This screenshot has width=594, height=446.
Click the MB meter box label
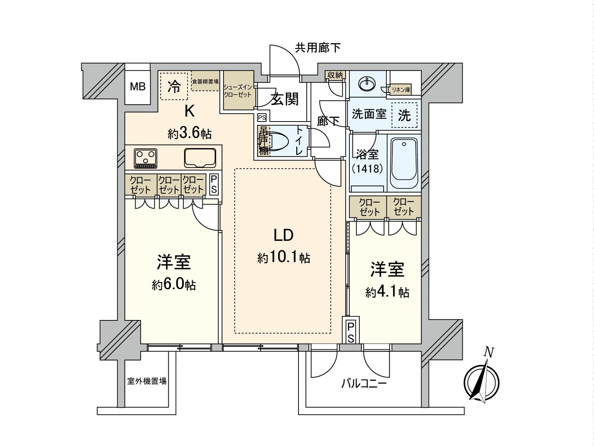[138, 87]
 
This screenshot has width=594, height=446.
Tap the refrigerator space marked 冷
[174, 86]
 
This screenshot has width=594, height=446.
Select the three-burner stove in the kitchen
[146, 158]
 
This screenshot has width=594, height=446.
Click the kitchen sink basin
[200, 158]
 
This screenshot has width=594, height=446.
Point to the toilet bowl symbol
[279, 141]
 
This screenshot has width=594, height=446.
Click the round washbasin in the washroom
[367, 84]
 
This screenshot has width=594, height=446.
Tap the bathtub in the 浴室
[404, 163]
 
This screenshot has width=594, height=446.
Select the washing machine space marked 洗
[405, 115]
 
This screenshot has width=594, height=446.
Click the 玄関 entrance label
[285, 99]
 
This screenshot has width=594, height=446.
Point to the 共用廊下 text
[318, 48]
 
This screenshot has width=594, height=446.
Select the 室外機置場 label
[147, 381]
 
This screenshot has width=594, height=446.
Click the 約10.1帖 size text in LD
[284, 258]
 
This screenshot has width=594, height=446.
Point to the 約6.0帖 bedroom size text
[174, 285]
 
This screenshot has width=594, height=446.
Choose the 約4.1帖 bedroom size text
[387, 292]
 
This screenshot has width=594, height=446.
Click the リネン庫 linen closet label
[401, 90]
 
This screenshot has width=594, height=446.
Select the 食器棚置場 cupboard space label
[205, 81]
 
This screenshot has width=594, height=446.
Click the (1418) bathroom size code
[367, 169]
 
